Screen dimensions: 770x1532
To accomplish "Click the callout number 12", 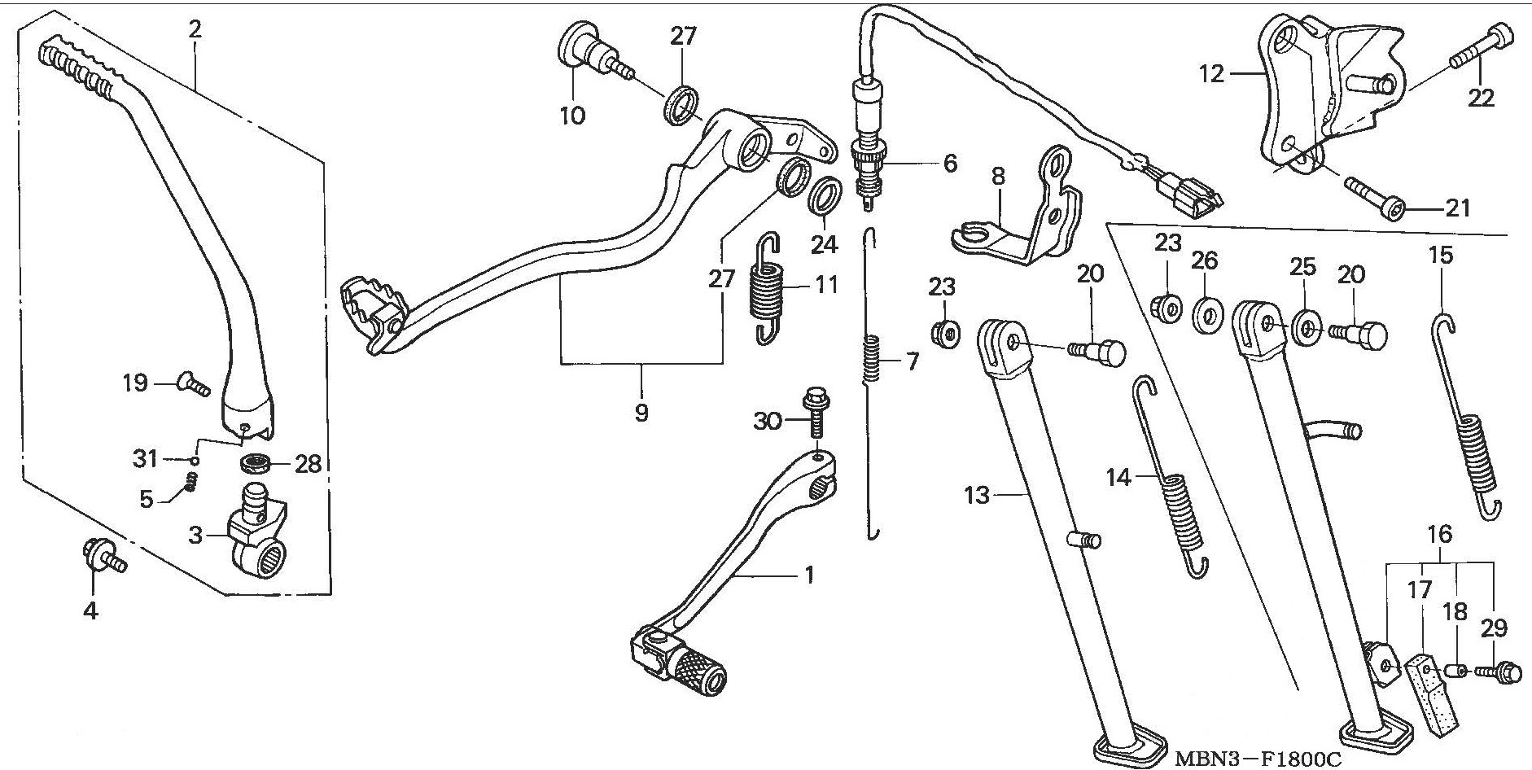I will [x=1211, y=75].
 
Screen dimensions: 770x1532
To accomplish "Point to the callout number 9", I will [x=641, y=413].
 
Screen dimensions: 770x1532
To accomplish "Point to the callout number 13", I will [x=977, y=494].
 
